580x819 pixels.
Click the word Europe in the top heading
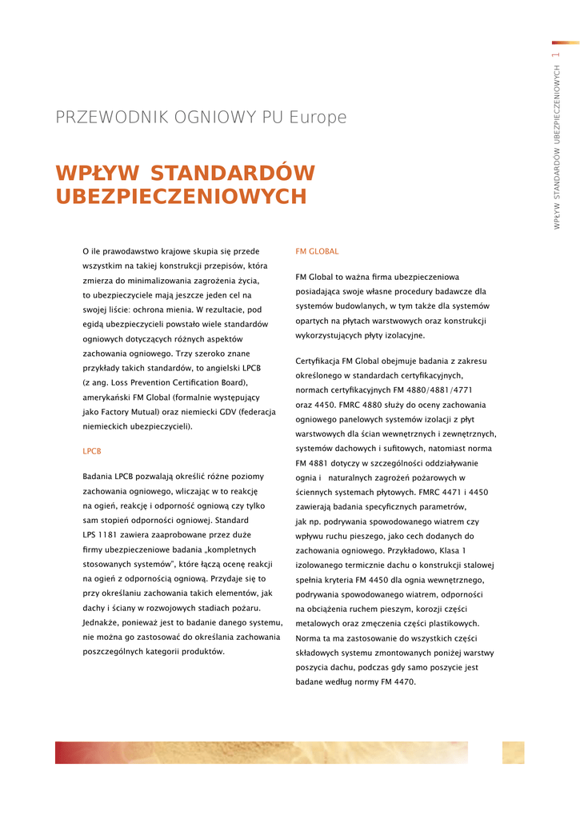[318, 118]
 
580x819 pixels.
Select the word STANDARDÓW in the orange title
[233, 174]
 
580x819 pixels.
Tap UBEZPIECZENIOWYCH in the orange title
[181, 197]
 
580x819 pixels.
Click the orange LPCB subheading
[92, 451]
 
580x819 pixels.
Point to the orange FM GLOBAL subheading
[317, 251]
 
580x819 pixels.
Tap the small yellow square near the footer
[513, 752]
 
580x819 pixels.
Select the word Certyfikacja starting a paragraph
[322, 362]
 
